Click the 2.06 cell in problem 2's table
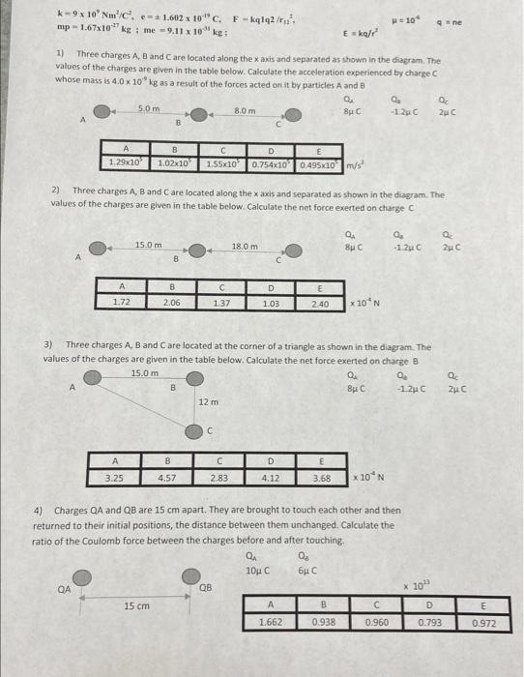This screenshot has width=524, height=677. point(172,302)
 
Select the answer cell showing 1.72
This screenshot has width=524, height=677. point(121,302)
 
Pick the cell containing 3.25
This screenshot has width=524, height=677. point(114,477)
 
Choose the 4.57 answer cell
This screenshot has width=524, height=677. point(167,477)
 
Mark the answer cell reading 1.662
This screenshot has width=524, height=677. point(272,623)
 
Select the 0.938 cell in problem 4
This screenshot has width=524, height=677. point(324,623)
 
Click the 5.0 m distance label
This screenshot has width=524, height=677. point(149,107)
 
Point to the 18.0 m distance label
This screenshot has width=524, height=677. point(246,247)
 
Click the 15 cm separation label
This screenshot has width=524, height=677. point(136,605)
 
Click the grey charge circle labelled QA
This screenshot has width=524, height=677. point(84,577)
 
